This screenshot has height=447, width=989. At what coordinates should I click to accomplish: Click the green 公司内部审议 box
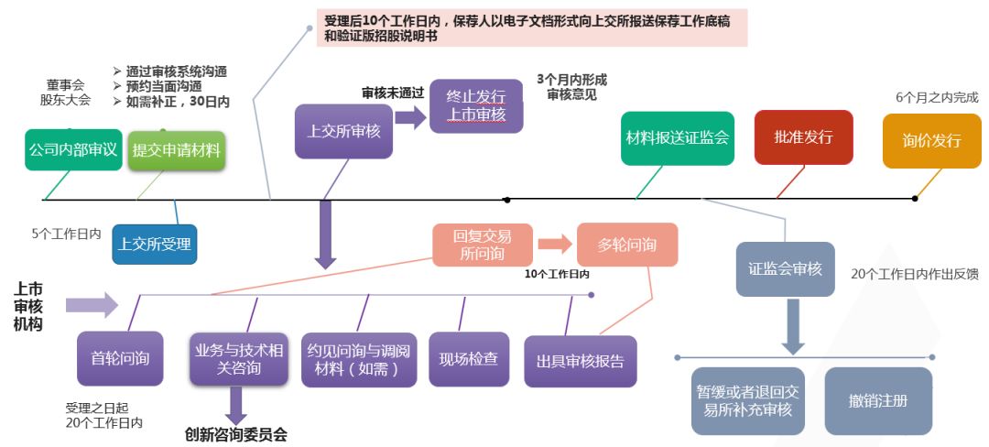tap(72, 149)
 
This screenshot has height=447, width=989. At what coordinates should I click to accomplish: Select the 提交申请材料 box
tap(177, 150)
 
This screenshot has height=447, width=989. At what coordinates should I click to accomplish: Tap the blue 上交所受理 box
tap(156, 245)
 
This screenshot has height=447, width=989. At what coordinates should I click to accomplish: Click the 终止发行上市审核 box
tap(475, 105)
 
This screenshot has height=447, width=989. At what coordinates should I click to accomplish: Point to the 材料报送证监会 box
tap(677, 138)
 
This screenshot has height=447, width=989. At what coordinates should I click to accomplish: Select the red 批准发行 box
tap(803, 137)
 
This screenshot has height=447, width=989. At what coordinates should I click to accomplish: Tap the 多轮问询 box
tap(627, 245)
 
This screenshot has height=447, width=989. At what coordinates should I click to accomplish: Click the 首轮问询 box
tap(120, 358)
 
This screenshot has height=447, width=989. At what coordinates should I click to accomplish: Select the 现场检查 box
tap(469, 358)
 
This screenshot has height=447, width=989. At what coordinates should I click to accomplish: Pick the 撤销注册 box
tap(877, 401)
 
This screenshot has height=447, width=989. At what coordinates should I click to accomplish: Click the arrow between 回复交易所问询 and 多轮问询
tap(553, 245)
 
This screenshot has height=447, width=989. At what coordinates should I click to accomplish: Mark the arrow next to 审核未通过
tap(411, 116)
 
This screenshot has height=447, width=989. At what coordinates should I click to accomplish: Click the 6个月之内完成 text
tap(937, 97)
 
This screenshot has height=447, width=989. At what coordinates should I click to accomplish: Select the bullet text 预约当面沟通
tap(170, 86)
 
